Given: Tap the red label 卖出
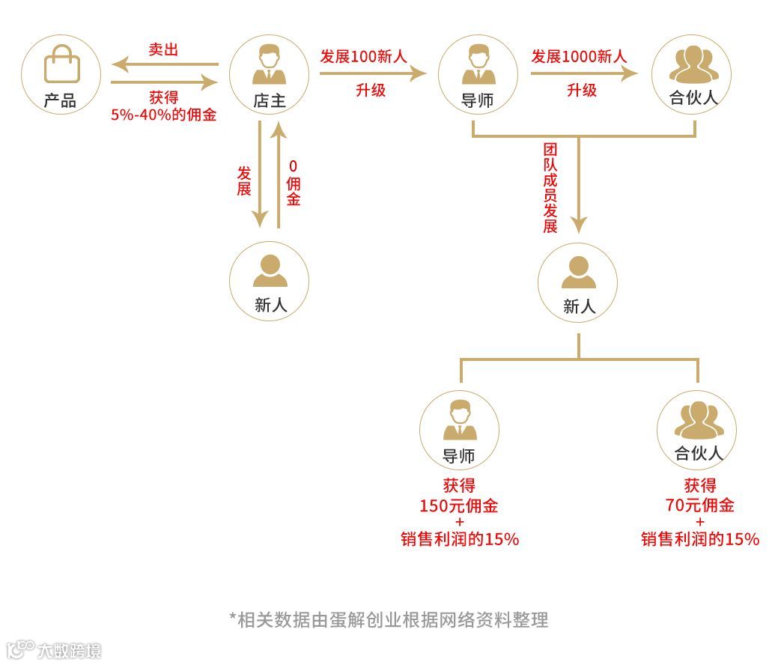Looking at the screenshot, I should (x=163, y=50).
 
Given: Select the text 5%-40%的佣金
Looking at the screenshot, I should (x=163, y=115).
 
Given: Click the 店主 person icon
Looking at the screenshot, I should (x=269, y=65).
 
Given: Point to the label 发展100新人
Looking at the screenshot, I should (x=363, y=56).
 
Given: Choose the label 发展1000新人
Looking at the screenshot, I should (x=580, y=56).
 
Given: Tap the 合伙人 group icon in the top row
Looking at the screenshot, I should (x=692, y=65).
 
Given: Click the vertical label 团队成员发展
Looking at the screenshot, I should (x=550, y=187).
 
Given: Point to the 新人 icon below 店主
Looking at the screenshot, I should (x=269, y=271).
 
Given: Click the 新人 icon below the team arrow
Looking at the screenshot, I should (x=578, y=273).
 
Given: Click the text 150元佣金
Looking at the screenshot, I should (x=458, y=505).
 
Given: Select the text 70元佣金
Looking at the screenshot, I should (x=699, y=505).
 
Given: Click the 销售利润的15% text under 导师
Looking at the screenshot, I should (x=459, y=539).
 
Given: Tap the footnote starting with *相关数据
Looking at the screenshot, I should (x=389, y=620).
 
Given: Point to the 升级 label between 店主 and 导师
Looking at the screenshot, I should (x=371, y=90).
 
